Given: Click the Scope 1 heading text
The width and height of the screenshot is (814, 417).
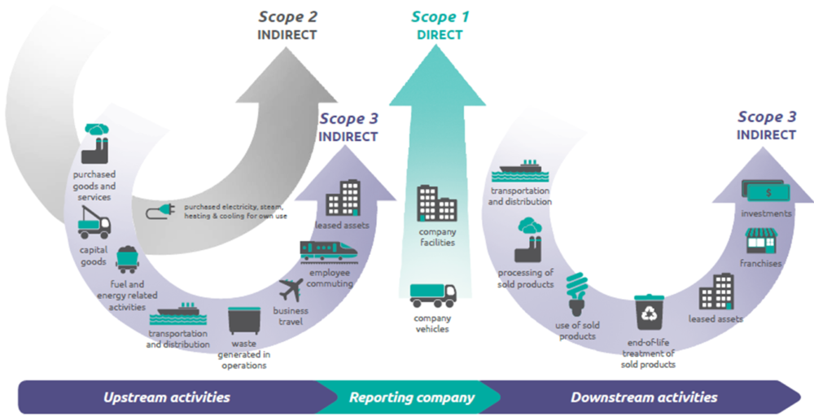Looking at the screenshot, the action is tap(440, 16).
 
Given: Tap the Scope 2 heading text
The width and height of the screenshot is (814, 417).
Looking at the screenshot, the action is tap(287, 16).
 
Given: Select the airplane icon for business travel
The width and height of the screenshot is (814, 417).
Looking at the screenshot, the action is tap(291, 290).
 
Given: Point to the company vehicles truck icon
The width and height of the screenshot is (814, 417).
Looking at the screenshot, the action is tap(433, 296).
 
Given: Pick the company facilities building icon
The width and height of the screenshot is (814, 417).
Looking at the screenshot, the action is tap(437, 204).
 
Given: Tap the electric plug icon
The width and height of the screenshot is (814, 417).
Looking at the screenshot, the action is tap(160, 212).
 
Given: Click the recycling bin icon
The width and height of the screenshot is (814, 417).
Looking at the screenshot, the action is tap(649, 313).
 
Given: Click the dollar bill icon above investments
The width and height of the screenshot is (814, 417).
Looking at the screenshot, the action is tap(765, 191).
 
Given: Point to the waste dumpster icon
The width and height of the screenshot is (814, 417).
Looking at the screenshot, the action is tap(243, 321).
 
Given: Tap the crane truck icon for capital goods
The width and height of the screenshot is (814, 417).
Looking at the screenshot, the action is tap(94, 223).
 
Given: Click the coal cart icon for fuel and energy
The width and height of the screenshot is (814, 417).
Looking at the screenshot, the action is tap(127, 260).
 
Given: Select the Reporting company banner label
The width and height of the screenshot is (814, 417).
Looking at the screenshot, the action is tap(412, 397).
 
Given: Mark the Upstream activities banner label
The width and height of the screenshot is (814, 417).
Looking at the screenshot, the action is tap(167, 397).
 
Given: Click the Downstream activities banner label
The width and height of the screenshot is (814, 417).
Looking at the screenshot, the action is tap(644, 397).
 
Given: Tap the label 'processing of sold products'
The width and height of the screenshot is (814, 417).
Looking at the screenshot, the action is tap(525, 279).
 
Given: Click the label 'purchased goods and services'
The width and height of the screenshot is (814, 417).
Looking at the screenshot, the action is tap(94, 186).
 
